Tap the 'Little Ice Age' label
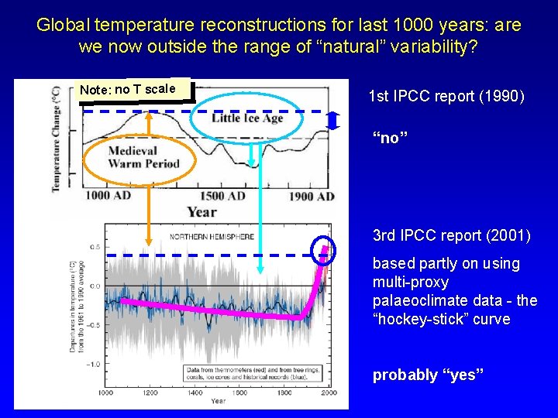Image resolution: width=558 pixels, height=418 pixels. tap(247, 118)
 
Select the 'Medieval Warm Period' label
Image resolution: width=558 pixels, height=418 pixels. tap(143, 157)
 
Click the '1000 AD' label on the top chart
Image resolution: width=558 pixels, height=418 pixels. tap(108, 197)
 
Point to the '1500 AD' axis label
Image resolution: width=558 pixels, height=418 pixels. tap(222, 197)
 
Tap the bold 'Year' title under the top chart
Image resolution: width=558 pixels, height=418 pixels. tap(201, 212)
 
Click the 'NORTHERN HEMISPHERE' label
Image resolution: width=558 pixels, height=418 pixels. tap(212, 237)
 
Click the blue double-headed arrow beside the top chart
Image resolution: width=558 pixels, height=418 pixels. tap(332, 121)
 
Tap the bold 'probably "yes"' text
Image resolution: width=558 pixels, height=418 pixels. tap(428, 375)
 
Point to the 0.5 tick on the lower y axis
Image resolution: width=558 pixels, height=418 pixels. tap(93, 247)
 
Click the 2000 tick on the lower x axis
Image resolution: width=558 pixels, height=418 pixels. tap(329, 393)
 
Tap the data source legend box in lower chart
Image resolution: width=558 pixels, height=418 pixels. tap(254, 374)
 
